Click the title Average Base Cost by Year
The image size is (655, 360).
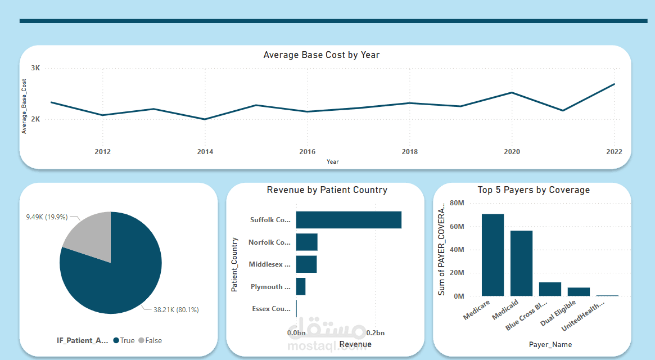tap(321, 55)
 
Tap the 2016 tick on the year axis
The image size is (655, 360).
tap(307, 152)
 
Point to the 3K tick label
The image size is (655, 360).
tap(35, 68)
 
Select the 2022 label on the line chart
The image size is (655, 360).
tap(614, 152)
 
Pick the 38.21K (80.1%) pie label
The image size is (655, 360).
tap(176, 309)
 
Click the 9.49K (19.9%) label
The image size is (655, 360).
tap(47, 217)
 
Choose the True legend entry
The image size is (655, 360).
tap(124, 340)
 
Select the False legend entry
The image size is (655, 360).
tap(150, 340)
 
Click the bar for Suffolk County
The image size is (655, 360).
tap(349, 220)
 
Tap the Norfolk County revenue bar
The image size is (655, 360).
tap(307, 242)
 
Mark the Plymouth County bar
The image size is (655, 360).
tap(301, 286)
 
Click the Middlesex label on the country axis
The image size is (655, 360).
tap(270, 264)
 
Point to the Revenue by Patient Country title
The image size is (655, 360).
tap(327, 190)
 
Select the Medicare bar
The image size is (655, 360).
tap(493, 255)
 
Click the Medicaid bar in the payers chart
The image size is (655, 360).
tap(521, 263)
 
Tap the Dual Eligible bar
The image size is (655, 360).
tap(579, 292)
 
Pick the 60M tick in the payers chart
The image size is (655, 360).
tap(456, 227)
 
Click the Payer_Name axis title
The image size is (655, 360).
tap(550, 344)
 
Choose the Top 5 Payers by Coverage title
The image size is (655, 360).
tap(534, 190)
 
